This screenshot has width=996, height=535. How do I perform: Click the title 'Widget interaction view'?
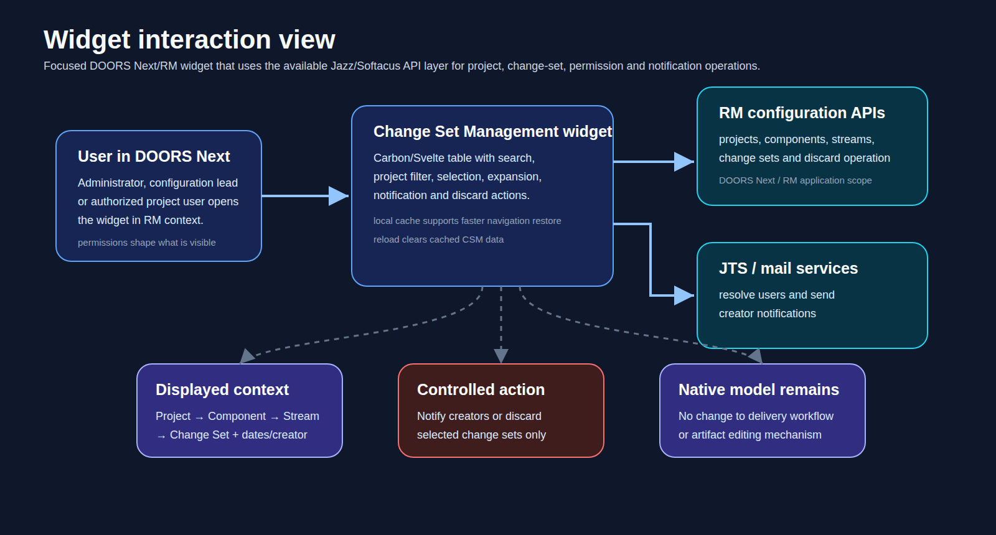click(x=189, y=40)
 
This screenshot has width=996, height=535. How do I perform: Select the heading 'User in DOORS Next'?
click(x=154, y=156)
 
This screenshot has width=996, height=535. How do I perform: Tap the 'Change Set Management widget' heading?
click(x=492, y=131)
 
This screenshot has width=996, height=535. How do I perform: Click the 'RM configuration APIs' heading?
click(x=802, y=113)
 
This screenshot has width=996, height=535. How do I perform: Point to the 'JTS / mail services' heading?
click(x=788, y=268)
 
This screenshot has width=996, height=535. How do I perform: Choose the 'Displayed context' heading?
click(x=222, y=389)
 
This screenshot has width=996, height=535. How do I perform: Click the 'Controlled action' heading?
click(x=481, y=389)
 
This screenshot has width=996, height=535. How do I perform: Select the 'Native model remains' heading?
click(x=759, y=389)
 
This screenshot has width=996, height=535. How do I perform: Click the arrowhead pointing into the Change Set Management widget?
click(x=339, y=196)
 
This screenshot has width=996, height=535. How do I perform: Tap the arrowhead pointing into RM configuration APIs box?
click(x=684, y=162)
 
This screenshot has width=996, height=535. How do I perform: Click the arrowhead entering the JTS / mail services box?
click(x=684, y=295)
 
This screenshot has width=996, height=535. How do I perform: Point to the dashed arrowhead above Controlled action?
click(x=501, y=356)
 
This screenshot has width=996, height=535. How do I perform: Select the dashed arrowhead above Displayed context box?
click(x=247, y=356)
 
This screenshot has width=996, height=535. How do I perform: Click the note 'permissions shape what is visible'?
click(x=147, y=243)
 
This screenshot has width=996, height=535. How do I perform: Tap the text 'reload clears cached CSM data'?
click(x=438, y=240)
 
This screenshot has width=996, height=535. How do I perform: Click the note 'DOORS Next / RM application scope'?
click(x=795, y=180)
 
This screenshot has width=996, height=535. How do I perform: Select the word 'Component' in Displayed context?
click(x=237, y=416)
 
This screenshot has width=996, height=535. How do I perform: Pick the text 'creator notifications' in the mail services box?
click(x=768, y=314)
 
